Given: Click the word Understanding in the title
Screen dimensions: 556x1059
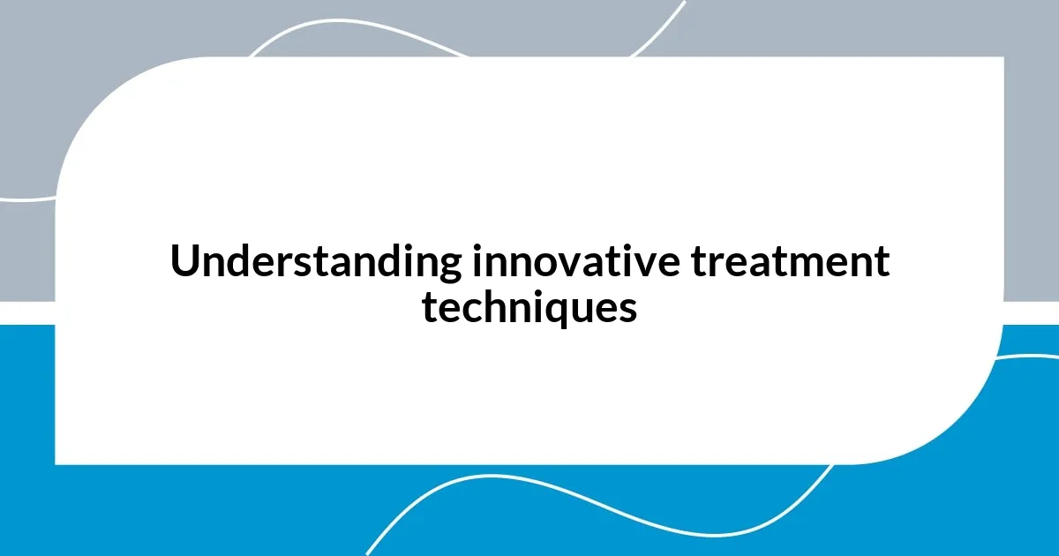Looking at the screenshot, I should click(x=315, y=262).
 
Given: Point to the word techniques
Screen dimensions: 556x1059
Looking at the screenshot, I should click(x=529, y=308).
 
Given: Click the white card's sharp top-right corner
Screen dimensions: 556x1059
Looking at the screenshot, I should click(x=1003, y=58).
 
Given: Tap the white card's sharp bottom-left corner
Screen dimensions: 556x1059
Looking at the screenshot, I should click(x=56, y=462).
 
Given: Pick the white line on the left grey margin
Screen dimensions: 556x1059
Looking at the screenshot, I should click(x=26, y=199).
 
